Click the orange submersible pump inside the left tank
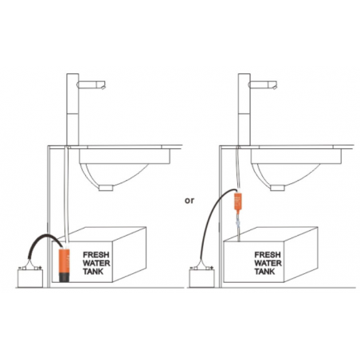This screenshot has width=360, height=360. coord(64,265)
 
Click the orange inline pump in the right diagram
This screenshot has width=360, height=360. coord(237,202)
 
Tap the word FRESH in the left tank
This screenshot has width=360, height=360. coord(96,255)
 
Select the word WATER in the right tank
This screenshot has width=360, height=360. coord(268,263)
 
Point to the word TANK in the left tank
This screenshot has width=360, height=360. coord(93,272)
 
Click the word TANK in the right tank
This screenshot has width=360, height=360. coord(264,272)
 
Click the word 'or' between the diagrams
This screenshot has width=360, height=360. coord(190,201)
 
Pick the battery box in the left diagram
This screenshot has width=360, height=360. coord(30,278)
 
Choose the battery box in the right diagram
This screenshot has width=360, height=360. coord(202,278)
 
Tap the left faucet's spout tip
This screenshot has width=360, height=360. coord(104,86)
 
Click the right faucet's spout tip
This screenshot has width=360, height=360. coord(275,86)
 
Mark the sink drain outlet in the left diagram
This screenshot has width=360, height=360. coord(106,188)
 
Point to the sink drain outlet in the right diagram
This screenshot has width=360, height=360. coord(278,188)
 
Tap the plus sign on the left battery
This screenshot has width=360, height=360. coord(40,268)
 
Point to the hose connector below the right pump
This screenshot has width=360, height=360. coord(238,222)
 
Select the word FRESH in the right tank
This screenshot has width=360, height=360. coord(268,255)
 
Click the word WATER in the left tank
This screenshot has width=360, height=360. coord(96,263)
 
